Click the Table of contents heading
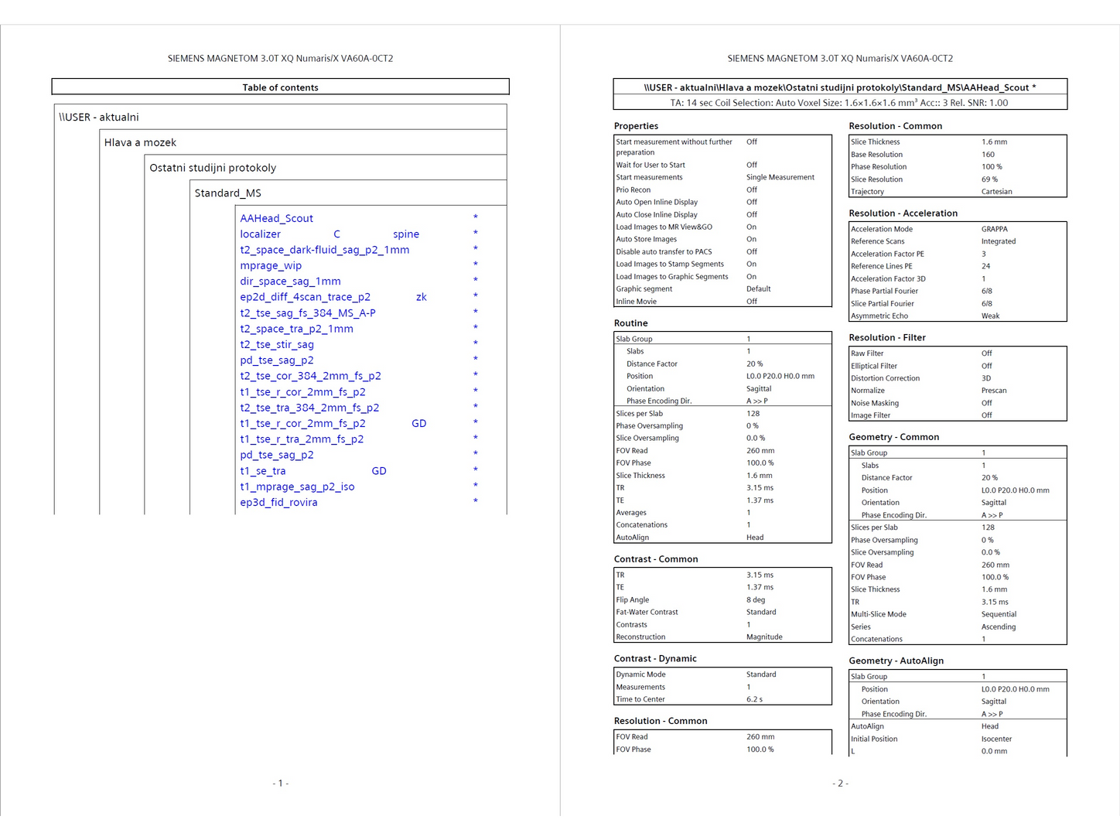click(280, 87)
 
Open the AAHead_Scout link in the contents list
click(276, 219)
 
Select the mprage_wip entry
click(271, 266)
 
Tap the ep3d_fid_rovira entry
click(278, 503)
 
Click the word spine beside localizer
click(406, 234)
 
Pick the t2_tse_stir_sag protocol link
click(277, 345)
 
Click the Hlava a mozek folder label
click(140, 143)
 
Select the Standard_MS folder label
click(227, 193)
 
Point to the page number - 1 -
click(280, 784)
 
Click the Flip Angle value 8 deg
click(756, 600)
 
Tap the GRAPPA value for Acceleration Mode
click(995, 229)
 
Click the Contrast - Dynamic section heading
click(655, 659)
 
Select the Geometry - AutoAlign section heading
click(896, 661)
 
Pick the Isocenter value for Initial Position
click(996, 739)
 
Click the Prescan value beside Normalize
click(994, 391)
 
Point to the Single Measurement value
click(780, 178)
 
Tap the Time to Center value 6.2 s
click(754, 699)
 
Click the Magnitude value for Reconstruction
click(764, 637)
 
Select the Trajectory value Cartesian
click(996, 192)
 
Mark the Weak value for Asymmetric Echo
click(990, 316)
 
